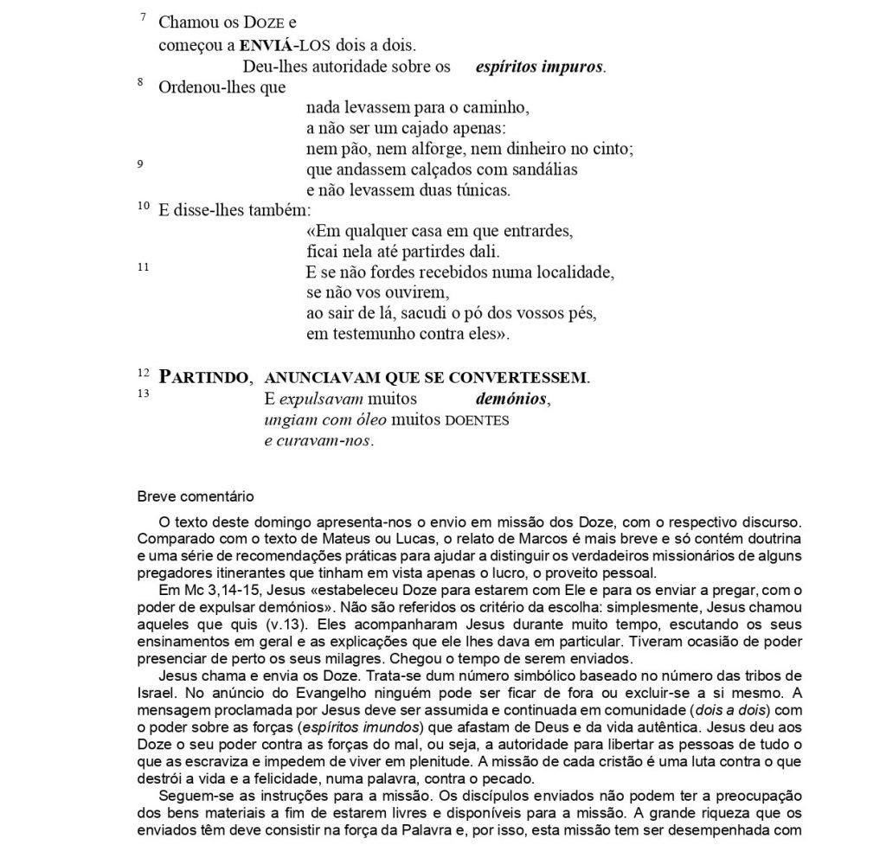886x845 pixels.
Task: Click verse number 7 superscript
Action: coord(143,17)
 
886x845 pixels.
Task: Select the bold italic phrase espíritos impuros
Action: coord(540,67)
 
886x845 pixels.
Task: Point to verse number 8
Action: coord(140,81)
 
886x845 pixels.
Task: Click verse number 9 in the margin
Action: coord(140,164)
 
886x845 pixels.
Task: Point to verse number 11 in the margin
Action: coord(143,268)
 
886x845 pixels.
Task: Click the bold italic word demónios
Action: coord(511,400)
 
